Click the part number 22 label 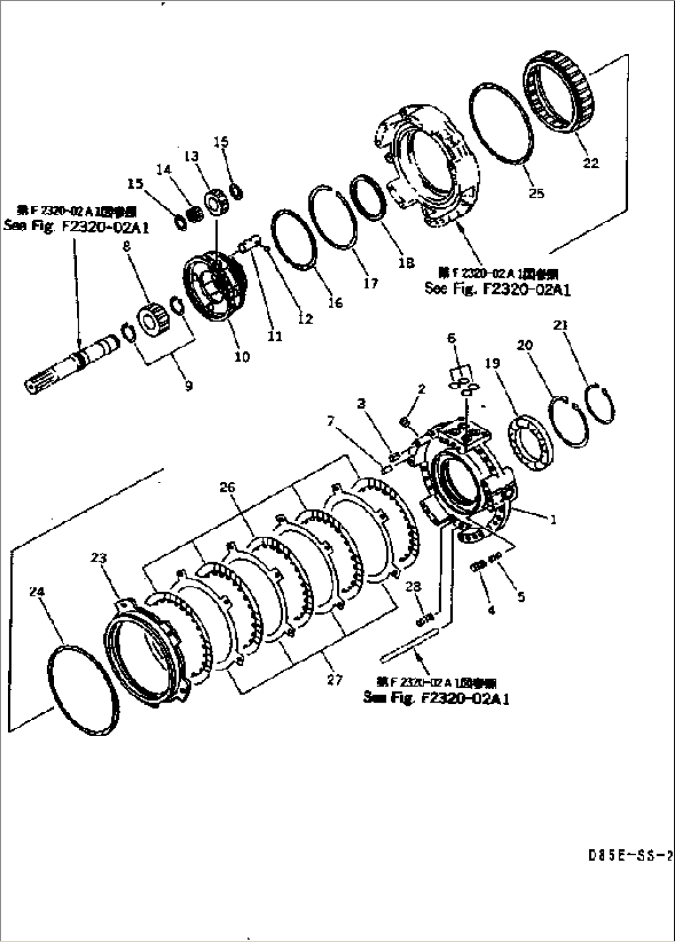591,163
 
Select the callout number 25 536,193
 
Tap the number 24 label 37,592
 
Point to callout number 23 98,559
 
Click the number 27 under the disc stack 334,680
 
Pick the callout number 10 242,357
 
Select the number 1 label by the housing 553,520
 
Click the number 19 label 492,363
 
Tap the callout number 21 562,325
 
